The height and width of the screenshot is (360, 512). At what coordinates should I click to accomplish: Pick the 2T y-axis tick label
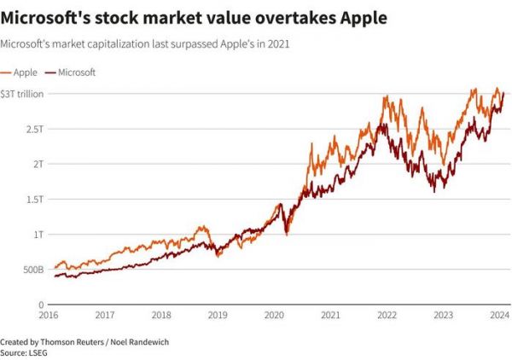pyautogui.click(x=38, y=163)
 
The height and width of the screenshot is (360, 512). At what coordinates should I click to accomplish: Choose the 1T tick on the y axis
pyautogui.click(x=38, y=234)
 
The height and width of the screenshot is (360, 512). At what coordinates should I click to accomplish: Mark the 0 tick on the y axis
pyautogui.click(x=40, y=305)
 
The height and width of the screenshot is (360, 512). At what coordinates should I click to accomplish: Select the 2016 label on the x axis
pyautogui.click(x=49, y=316)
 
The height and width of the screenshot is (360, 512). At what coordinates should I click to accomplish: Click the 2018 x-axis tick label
pyautogui.click(x=162, y=316)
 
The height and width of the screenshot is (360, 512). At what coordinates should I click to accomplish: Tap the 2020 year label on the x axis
pyautogui.click(x=274, y=316)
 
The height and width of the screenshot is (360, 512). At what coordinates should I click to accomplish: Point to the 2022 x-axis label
pyautogui.click(x=387, y=316)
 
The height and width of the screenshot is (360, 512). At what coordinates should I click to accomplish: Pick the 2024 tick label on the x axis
pyautogui.click(x=499, y=316)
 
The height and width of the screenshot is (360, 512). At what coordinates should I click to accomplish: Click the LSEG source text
pyautogui.click(x=39, y=351)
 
